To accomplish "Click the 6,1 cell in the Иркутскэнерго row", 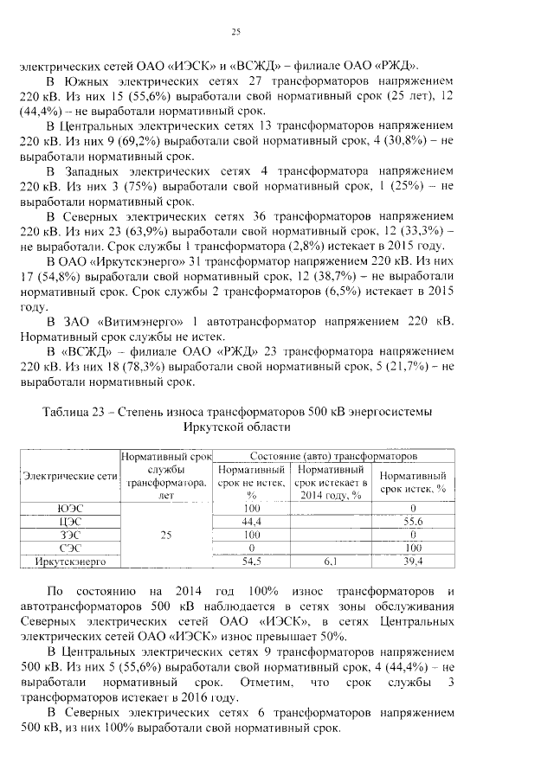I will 330,562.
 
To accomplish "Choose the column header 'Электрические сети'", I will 71,477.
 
